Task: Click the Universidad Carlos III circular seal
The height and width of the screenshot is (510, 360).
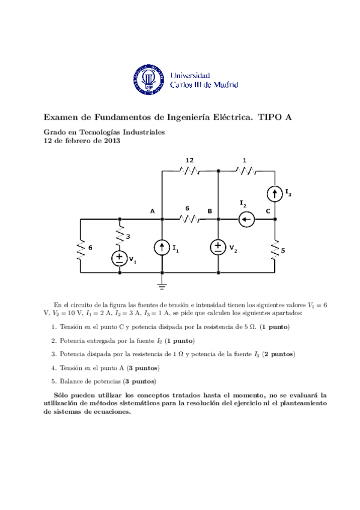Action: coord(147,79)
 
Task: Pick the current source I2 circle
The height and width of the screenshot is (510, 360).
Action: coord(245,220)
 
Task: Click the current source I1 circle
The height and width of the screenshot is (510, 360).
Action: coord(162,247)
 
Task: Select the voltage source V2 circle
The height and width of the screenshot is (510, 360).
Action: coord(218,247)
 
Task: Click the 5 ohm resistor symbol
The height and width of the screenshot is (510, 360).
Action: coord(275,248)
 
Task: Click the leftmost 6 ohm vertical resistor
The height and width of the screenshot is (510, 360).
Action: coord(81,248)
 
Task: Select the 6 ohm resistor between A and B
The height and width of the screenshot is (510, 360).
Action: coord(189,220)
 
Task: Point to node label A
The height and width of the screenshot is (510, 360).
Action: coord(153,211)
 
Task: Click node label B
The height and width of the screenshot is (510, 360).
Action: coord(210,211)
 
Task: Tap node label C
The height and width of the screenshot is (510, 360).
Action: coord(268,211)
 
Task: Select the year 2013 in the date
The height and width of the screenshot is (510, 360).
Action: coord(111,141)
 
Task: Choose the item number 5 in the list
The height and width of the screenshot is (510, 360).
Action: coord(53,381)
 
